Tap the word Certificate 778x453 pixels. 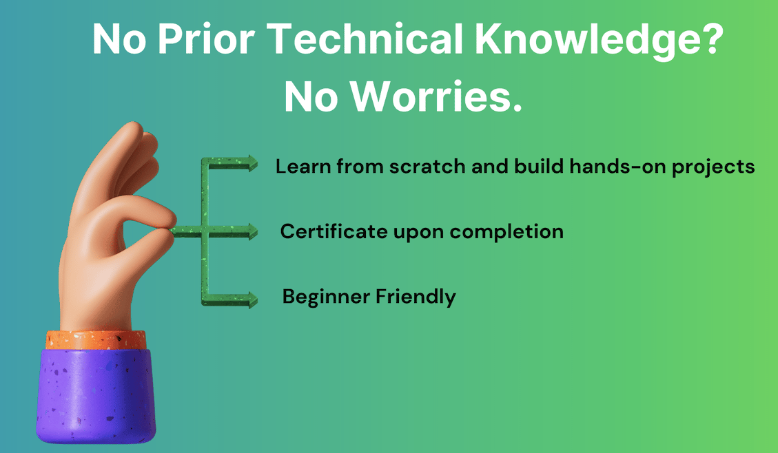pyautogui.click(x=334, y=231)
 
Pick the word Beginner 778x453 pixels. pyautogui.click(x=326, y=297)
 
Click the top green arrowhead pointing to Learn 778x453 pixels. pyautogui.click(x=250, y=163)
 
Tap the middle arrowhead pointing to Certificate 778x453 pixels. pyautogui.click(x=250, y=233)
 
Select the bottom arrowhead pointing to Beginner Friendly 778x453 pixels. pyautogui.click(x=250, y=299)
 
